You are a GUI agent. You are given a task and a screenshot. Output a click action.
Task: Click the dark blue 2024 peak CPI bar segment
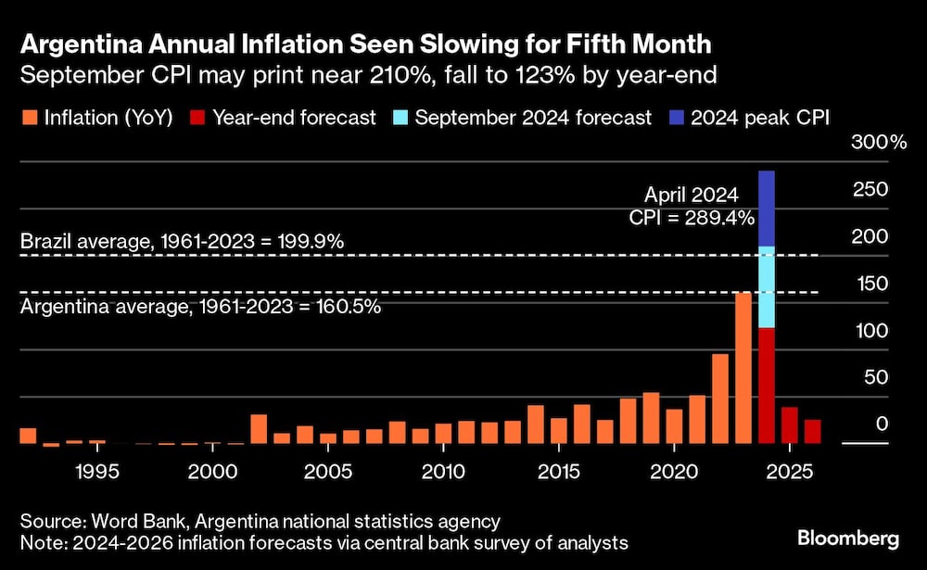[767, 209]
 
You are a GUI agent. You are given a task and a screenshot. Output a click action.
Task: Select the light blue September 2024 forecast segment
[767, 287]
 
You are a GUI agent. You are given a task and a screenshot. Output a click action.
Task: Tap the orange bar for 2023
[743, 369]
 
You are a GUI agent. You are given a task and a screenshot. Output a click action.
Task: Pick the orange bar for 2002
[259, 429]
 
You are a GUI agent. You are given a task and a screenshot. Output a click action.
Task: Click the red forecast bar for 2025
[790, 425]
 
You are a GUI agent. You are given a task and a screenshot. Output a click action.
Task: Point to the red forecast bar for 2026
[813, 432]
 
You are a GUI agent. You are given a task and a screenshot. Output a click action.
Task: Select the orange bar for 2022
[720, 399]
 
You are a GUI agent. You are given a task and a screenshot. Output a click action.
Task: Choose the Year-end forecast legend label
[294, 118]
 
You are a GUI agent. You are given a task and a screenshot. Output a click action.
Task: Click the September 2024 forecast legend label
[533, 118]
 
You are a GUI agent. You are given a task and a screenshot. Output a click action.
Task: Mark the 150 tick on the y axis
[870, 284]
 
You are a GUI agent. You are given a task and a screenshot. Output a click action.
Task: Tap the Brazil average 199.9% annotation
[183, 242]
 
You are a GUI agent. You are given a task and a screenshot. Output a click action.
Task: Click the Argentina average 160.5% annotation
[200, 307]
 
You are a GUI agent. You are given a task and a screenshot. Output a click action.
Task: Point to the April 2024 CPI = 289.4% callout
[692, 206]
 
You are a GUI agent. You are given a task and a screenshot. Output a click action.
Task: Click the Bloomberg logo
[848, 538]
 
